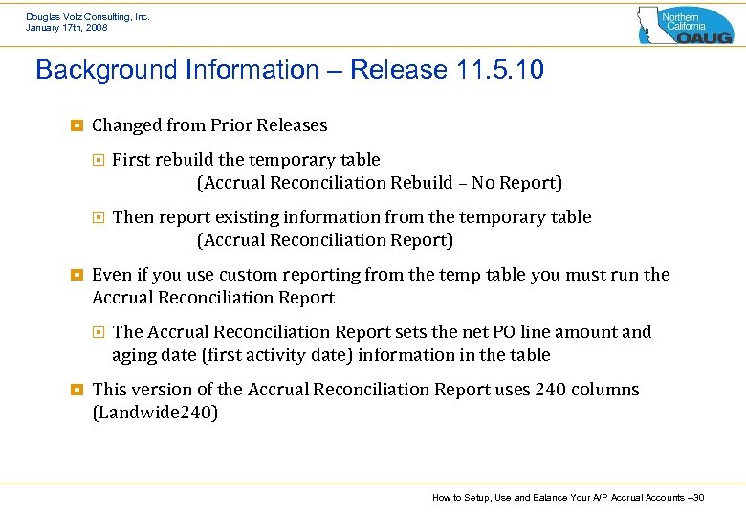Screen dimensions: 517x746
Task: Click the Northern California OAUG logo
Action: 685,25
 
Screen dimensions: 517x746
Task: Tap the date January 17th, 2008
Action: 67,28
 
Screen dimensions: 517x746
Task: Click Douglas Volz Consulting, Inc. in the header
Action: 88,16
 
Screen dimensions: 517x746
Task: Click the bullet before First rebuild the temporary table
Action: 98,160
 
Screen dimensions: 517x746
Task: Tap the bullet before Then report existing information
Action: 98,217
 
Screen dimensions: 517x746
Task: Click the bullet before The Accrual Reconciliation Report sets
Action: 98,332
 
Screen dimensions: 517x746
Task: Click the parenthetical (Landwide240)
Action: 155,413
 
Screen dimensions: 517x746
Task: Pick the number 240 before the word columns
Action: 550,390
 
